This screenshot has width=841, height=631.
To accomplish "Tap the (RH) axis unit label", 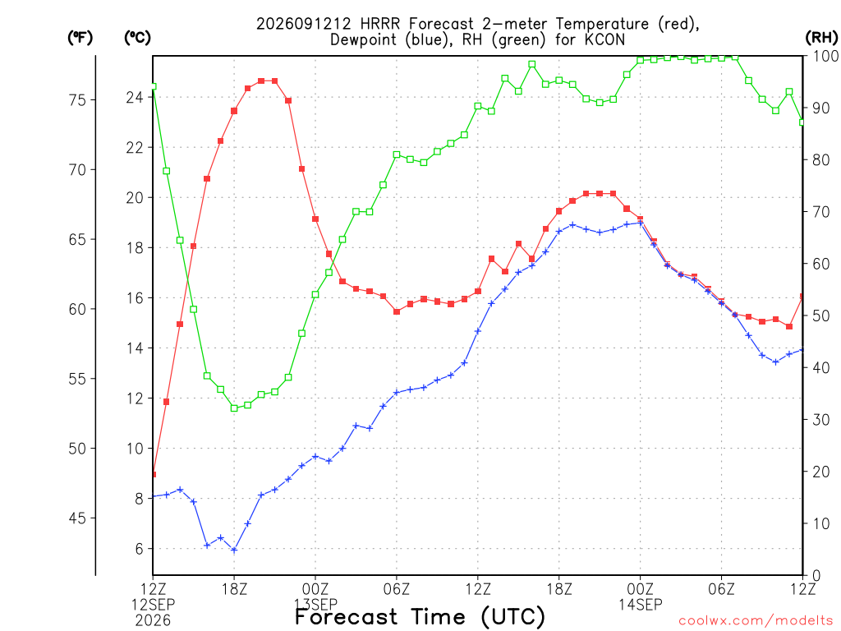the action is pos(821,38).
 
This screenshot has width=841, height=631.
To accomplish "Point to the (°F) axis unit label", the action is pos(80,38).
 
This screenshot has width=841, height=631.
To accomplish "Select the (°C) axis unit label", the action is pos(137,38).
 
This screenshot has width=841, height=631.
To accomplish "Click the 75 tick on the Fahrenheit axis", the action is pos(78,99).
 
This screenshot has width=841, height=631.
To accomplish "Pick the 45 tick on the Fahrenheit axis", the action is pos(78,518).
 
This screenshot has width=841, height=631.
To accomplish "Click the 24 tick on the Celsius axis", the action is pos(135,97).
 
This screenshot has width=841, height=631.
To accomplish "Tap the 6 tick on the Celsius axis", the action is pos(140,549).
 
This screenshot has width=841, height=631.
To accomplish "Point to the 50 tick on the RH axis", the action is pos(821,316).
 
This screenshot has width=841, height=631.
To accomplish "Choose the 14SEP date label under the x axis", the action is pos(641,605).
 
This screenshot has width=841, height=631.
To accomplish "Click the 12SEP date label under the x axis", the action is pos(154,605).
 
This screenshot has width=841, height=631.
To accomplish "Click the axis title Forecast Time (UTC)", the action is pos(420,616).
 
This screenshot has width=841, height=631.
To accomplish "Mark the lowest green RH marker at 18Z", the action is pos(234,408).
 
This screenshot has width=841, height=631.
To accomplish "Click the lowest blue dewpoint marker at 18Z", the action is pos(234,550).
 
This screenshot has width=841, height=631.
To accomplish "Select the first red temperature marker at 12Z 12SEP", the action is pos(154,474).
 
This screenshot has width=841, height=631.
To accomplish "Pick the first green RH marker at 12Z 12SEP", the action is pos(154,86).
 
